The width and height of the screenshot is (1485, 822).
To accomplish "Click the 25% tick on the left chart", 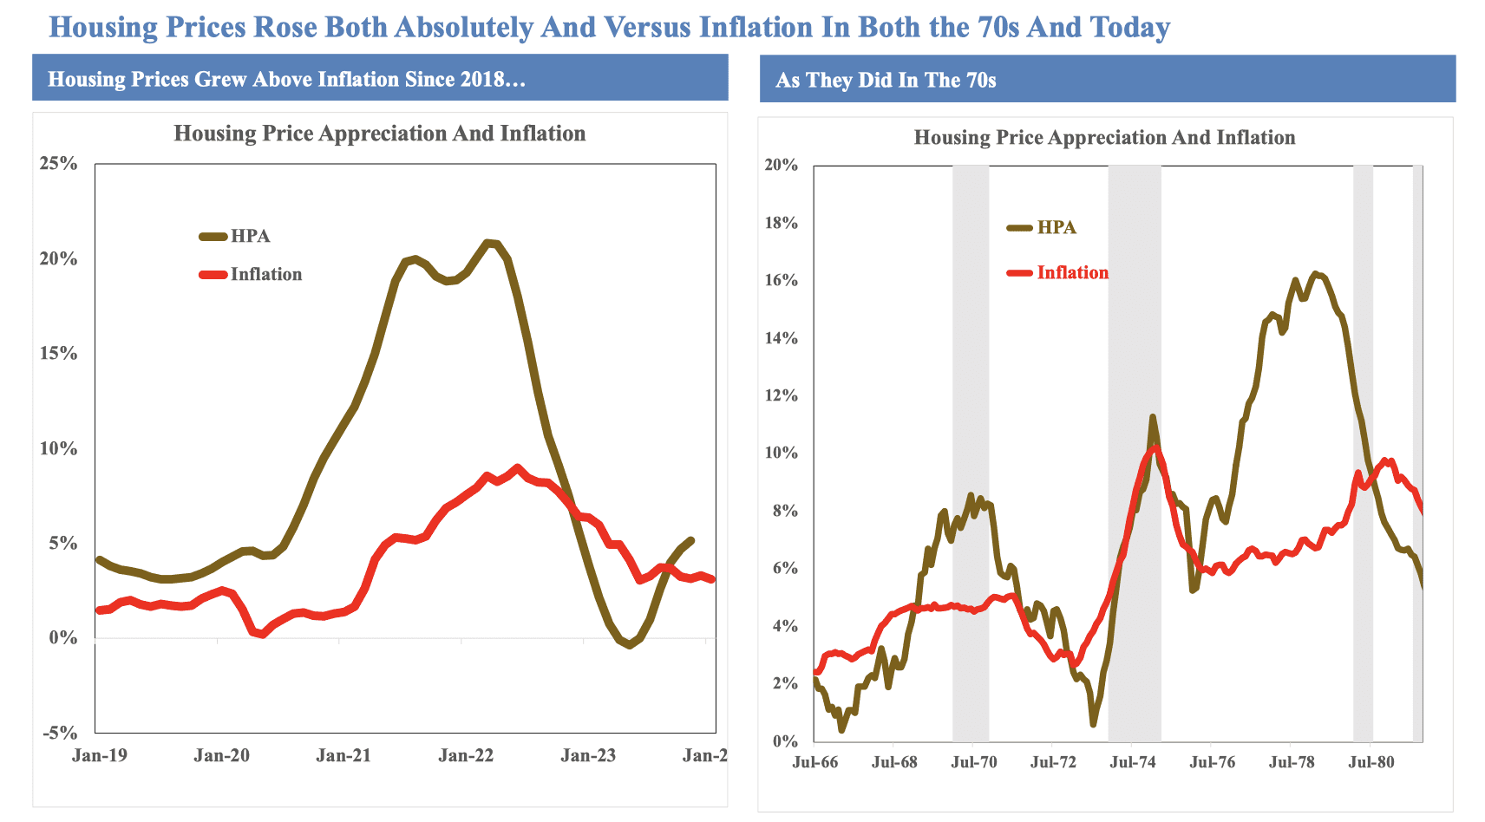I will [58, 164].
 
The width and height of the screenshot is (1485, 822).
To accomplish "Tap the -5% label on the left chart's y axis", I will [58, 733].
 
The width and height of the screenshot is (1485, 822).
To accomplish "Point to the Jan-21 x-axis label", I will [343, 755].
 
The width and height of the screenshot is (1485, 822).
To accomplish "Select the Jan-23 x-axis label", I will [588, 755].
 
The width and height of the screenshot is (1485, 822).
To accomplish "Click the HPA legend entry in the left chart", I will [250, 236].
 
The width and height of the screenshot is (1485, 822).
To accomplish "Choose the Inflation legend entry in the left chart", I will [265, 274].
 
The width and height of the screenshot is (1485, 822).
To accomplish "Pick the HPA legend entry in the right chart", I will [1057, 227].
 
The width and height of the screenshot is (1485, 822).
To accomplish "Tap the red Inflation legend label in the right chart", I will [1072, 272].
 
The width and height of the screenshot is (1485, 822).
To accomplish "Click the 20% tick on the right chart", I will [781, 165].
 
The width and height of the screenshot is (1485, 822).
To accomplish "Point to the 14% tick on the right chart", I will [781, 338].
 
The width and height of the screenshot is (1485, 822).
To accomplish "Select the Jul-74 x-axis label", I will [1133, 763].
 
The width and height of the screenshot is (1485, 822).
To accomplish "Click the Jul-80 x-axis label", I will [1372, 763].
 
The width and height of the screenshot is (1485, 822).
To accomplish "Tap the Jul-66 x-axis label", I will [815, 763].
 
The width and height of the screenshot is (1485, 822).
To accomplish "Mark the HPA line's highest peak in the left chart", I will [490, 242].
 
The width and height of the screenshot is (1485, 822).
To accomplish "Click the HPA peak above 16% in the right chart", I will [1316, 274].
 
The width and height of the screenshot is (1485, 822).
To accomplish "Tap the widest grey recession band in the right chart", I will [1135, 451].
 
